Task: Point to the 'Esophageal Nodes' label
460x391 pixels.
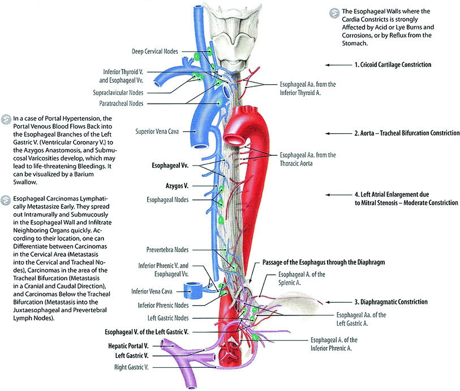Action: point(167,200)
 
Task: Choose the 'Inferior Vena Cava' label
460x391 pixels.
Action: point(156,292)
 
